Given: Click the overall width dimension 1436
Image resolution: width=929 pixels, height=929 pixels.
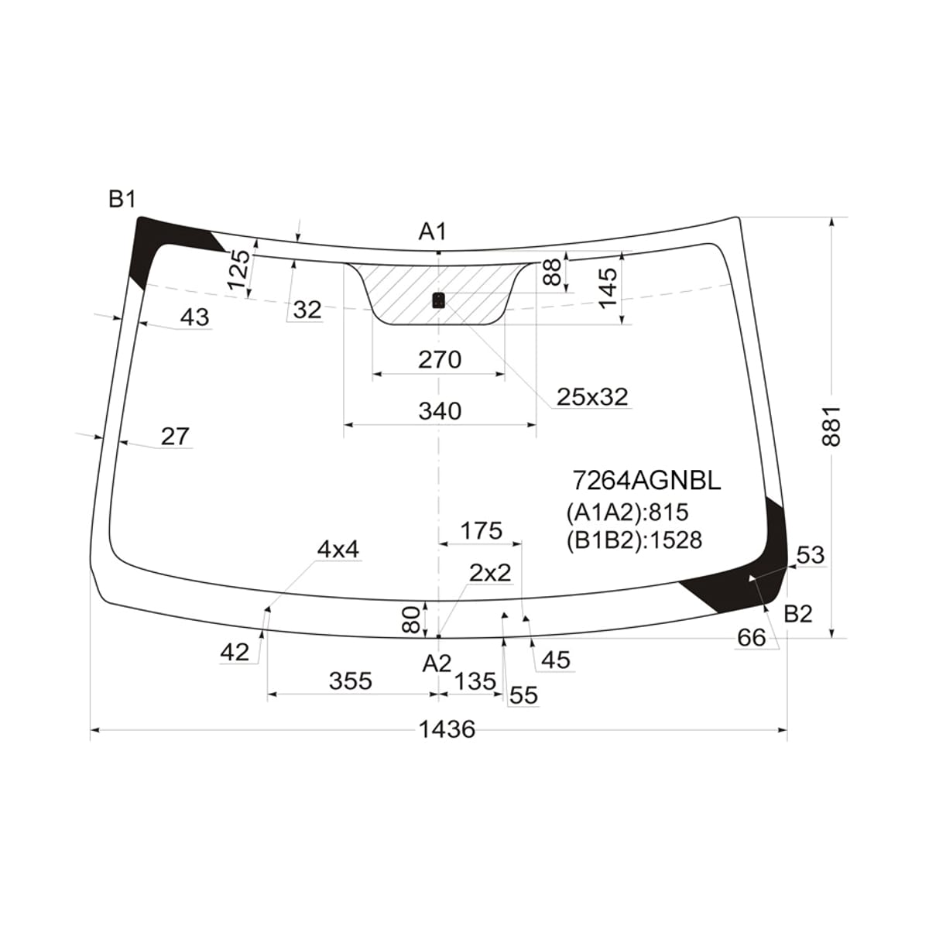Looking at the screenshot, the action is click(447, 729).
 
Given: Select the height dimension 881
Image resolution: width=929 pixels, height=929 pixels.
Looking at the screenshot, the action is click(831, 427).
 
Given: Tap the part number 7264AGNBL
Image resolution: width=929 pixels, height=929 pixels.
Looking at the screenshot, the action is click(647, 480).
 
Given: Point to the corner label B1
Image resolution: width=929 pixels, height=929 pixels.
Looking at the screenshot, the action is click(122, 199).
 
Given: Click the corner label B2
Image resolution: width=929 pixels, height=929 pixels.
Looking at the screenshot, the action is click(798, 614).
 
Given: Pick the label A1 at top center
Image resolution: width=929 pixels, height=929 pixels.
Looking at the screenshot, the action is click(433, 231).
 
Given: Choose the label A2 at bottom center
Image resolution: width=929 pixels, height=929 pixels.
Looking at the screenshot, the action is click(437, 663).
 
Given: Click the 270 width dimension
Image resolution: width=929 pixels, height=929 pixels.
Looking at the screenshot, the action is click(440, 360).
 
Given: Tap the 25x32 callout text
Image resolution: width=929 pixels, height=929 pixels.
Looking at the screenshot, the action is click(592, 397).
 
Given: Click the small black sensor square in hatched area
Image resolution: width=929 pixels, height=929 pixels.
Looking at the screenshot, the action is click(438, 300).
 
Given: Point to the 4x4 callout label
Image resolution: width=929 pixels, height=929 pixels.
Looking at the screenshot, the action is click(338, 550).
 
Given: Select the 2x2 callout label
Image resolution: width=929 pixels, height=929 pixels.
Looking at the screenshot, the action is click(490, 573).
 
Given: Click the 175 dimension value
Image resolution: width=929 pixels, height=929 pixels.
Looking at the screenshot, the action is click(482, 531).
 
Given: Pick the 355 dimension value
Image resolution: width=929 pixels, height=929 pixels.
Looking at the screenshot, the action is click(351, 681).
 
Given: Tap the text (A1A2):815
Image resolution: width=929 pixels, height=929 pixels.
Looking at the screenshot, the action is click(628, 512).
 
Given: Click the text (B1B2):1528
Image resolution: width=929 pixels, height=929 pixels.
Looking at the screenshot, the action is click(635, 540).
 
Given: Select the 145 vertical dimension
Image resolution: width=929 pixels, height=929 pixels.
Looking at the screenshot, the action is click(609, 288).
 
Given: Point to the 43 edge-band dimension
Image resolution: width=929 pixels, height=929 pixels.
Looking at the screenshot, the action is click(195, 317).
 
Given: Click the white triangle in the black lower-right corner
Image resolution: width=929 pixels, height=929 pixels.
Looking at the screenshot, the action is click(752, 578).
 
